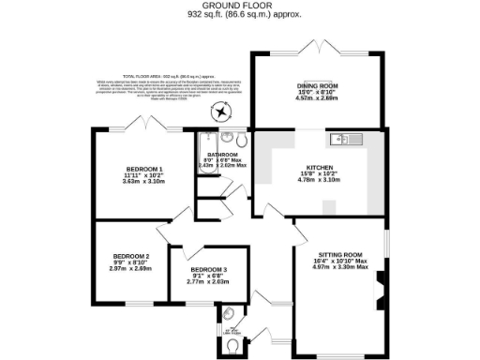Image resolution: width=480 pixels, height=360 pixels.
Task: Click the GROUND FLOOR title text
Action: (x=239, y=6)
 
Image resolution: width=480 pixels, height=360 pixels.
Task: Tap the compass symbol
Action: (x=220, y=113)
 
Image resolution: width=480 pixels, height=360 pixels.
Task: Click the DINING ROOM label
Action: (x=318, y=87)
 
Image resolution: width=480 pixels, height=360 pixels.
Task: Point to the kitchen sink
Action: (x=341, y=141)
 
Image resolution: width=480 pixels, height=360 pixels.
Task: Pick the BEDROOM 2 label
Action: (x=131, y=256)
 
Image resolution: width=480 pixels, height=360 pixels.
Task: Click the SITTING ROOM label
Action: (x=339, y=254)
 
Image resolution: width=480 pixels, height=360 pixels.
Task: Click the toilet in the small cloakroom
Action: (x=232, y=344)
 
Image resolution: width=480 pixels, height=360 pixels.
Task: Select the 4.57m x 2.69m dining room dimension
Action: (x=318, y=98)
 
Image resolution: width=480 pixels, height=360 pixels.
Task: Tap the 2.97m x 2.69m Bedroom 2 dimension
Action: (x=131, y=267)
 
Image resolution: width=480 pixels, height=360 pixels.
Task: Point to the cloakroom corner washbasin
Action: (x=226, y=311)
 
